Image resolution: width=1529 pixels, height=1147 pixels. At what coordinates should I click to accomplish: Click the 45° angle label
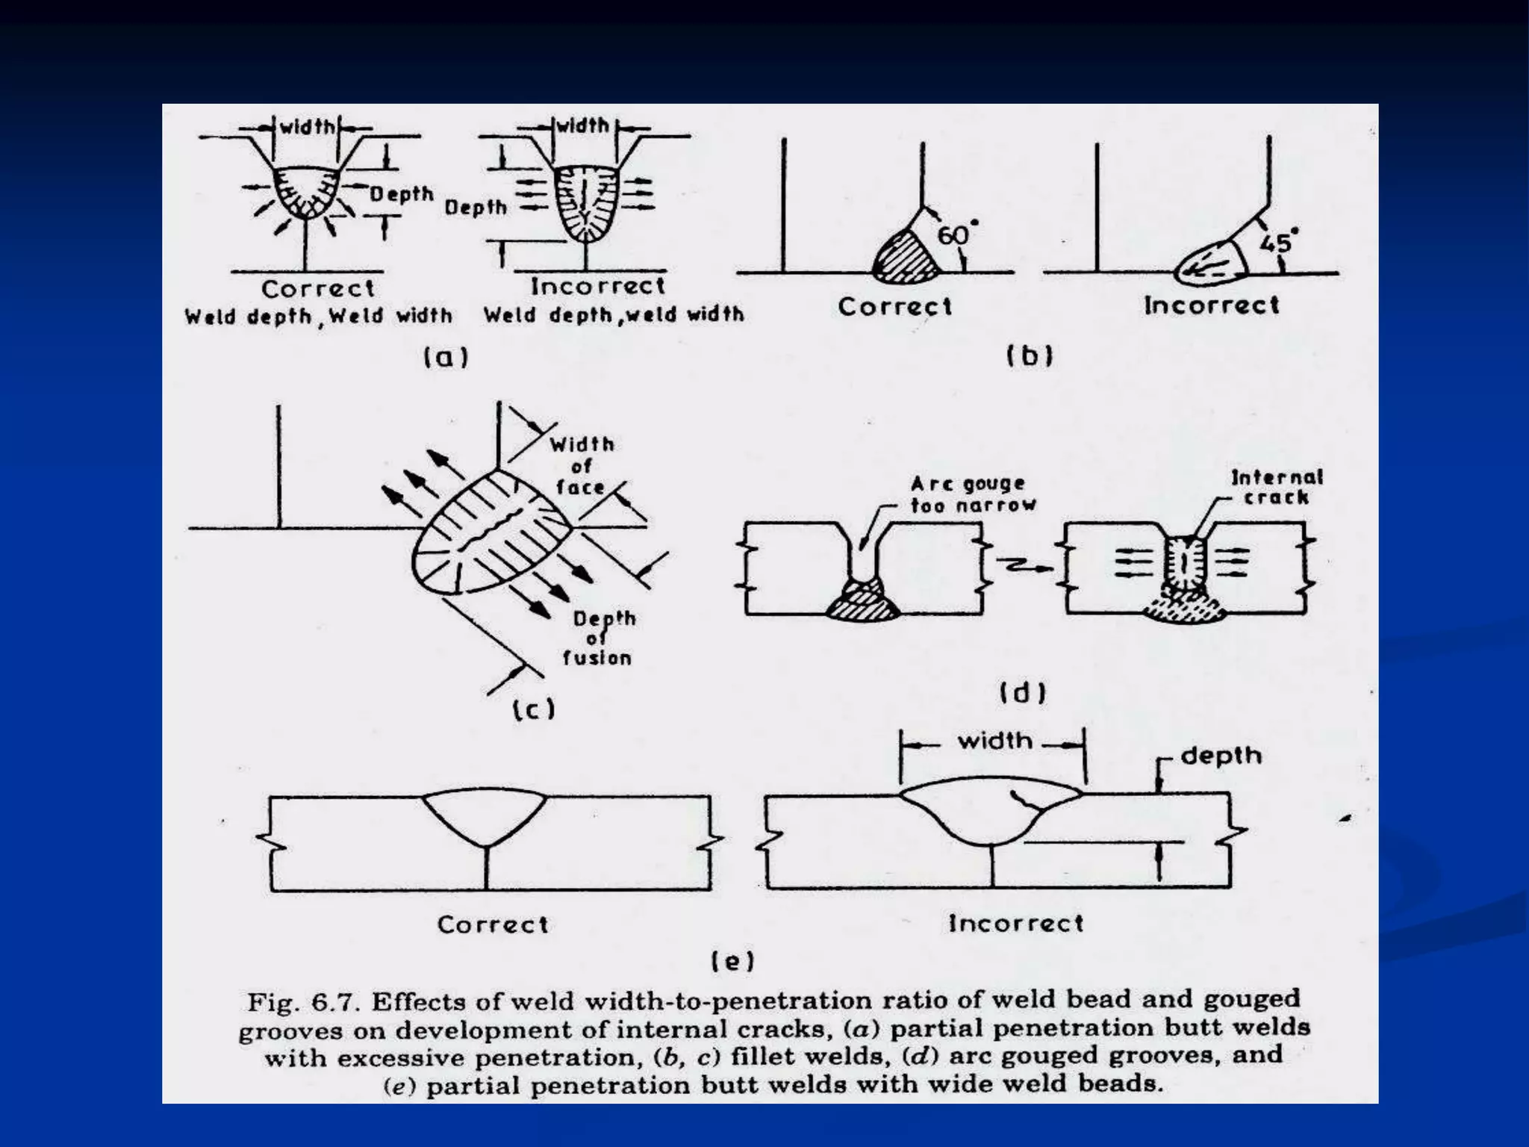[1277, 242]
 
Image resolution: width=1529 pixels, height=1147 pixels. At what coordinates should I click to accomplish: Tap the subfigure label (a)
[446, 358]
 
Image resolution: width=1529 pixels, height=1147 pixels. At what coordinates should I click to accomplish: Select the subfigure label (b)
[1030, 356]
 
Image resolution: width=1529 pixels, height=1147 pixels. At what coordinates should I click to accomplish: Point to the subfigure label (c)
[534, 709]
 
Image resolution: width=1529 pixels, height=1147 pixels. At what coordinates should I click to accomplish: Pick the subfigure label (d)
[1023, 694]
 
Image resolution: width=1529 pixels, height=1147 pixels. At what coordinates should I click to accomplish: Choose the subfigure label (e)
[732, 961]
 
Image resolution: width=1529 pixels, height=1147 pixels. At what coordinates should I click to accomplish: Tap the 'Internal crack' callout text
[1277, 487]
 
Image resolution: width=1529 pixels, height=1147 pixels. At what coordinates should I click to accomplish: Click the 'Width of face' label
[581, 466]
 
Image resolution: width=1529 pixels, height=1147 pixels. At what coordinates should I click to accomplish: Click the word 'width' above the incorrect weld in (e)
[994, 742]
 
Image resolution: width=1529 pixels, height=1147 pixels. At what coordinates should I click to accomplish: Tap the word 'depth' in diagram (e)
[1221, 756]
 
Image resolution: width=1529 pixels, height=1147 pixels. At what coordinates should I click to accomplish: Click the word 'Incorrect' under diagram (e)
[1015, 924]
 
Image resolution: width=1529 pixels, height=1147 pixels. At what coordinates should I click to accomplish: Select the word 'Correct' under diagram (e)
[493, 924]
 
